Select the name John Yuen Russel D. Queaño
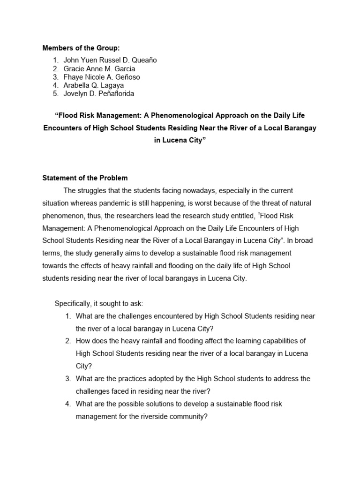coord(110,60)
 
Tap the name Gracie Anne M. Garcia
coord(99,68)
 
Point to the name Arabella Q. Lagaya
coord(94,85)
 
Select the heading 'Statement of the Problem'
coord(85,178)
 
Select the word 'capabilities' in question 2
coord(286,341)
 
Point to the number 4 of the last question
coord(68,404)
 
